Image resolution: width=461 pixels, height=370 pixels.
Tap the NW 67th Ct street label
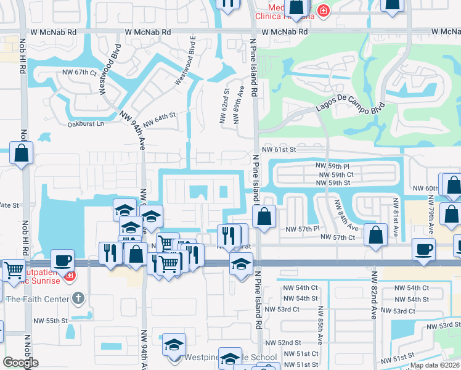click(80, 73)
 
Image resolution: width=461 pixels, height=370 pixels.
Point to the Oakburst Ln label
click(86, 124)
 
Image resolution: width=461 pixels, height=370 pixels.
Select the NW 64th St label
click(160, 119)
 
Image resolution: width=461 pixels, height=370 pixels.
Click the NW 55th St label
click(50, 321)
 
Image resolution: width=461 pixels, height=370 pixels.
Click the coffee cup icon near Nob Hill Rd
click(62, 259)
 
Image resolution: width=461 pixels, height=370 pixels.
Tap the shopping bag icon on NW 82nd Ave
click(375, 235)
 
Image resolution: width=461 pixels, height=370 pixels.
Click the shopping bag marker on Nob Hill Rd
click(22, 153)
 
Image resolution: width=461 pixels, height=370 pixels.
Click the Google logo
click(20, 363)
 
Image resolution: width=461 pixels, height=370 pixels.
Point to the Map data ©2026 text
click(434, 365)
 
